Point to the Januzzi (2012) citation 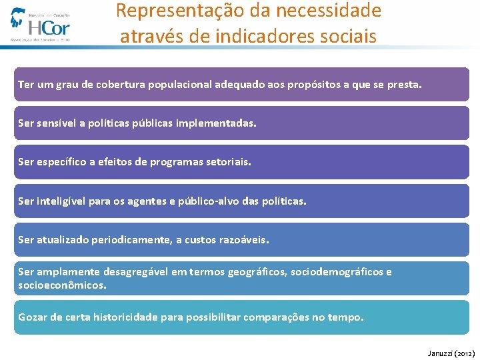pos(451,353)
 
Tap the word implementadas pos(220,123)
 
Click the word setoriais pos(228,162)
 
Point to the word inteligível pos(60,201)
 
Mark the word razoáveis pos(244,239)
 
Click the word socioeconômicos pos(61,285)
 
